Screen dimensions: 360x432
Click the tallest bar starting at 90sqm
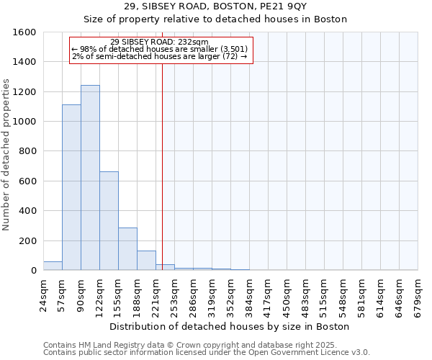tap(90, 178)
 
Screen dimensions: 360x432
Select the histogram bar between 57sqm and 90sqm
tap(71, 187)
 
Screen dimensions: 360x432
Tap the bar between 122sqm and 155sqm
tap(109, 221)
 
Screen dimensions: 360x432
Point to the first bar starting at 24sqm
tap(53, 266)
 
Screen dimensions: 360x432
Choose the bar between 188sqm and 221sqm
tap(146, 261)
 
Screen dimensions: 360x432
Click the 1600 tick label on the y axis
tap(24, 32)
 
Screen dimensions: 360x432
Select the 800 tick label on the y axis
tap(27, 151)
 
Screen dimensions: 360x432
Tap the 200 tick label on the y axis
tap(27, 240)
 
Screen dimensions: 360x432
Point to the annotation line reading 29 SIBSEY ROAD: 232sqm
tap(160, 42)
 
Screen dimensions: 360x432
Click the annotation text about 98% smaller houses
tap(160, 49)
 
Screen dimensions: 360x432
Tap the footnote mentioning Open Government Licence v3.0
tap(207, 353)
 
